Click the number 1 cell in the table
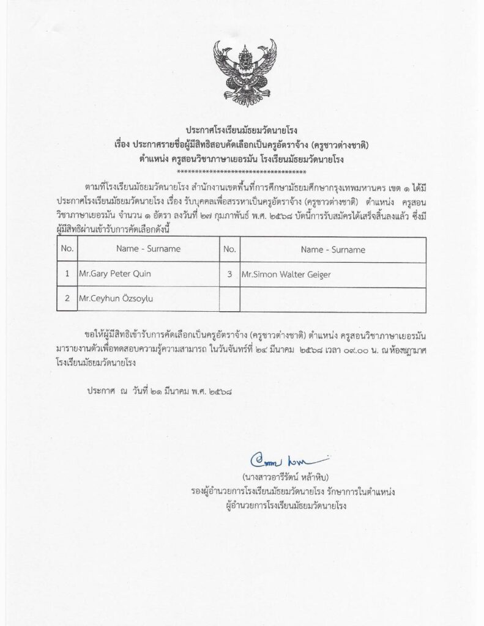pyautogui.click(x=67, y=274)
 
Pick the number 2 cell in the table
pyautogui.click(x=67, y=300)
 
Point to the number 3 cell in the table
pyautogui.click(x=229, y=274)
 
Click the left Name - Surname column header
pyautogui.click(x=147, y=249)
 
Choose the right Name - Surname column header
pyautogui.click(x=324, y=249)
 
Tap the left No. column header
pyautogui.click(x=67, y=249)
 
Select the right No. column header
pyautogui.click(x=229, y=249)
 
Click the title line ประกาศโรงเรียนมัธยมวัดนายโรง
pyautogui.click(x=242, y=130)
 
